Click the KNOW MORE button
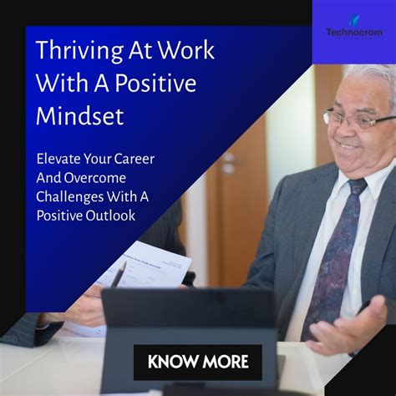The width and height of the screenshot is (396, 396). tap(198, 362)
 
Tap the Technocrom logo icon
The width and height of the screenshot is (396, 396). tap(353, 19)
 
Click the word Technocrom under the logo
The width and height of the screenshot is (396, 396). tap(353, 33)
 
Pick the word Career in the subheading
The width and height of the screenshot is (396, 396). tap(132, 158)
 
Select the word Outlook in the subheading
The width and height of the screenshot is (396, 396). tap(113, 215)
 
